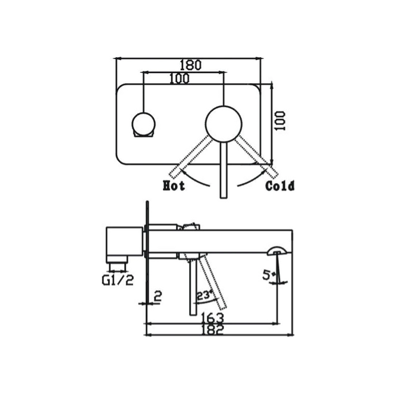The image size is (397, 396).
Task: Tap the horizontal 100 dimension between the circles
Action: click(x=179, y=79)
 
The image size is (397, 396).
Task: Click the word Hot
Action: click(x=174, y=186)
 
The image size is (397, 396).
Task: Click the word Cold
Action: click(x=280, y=186)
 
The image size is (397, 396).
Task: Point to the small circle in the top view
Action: click(x=144, y=124)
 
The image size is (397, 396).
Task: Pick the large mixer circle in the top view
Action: click(x=223, y=123)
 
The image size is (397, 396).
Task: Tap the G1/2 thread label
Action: click(x=119, y=279)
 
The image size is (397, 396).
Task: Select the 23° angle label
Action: click(x=204, y=295)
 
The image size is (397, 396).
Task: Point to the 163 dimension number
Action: click(x=212, y=318)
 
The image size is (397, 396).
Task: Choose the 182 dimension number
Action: click(x=212, y=329)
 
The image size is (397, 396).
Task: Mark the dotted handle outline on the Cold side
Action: click(x=258, y=156)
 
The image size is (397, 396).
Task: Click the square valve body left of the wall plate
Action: click(x=124, y=242)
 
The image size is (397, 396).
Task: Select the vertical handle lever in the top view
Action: click(x=223, y=170)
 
